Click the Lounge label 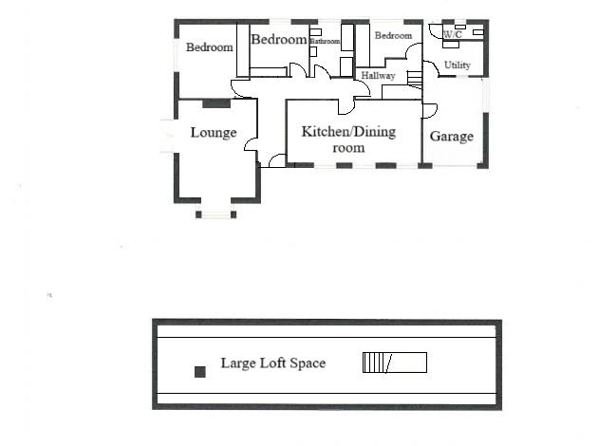tap(213, 133)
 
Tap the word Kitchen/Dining tap(347, 131)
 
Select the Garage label tap(451, 137)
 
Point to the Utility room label tap(457, 65)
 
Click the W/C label tap(452, 35)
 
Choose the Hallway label tap(377, 75)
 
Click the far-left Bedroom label tap(209, 47)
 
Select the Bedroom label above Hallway tap(393, 36)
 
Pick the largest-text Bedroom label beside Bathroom tap(278, 39)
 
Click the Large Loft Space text tap(272, 362)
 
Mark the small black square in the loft tap(199, 372)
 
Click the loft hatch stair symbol tap(394, 362)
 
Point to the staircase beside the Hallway tap(414, 79)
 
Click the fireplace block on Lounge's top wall tap(215, 103)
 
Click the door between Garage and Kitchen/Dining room tap(428, 110)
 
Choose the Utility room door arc tap(430, 67)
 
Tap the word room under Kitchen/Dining tap(347, 148)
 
